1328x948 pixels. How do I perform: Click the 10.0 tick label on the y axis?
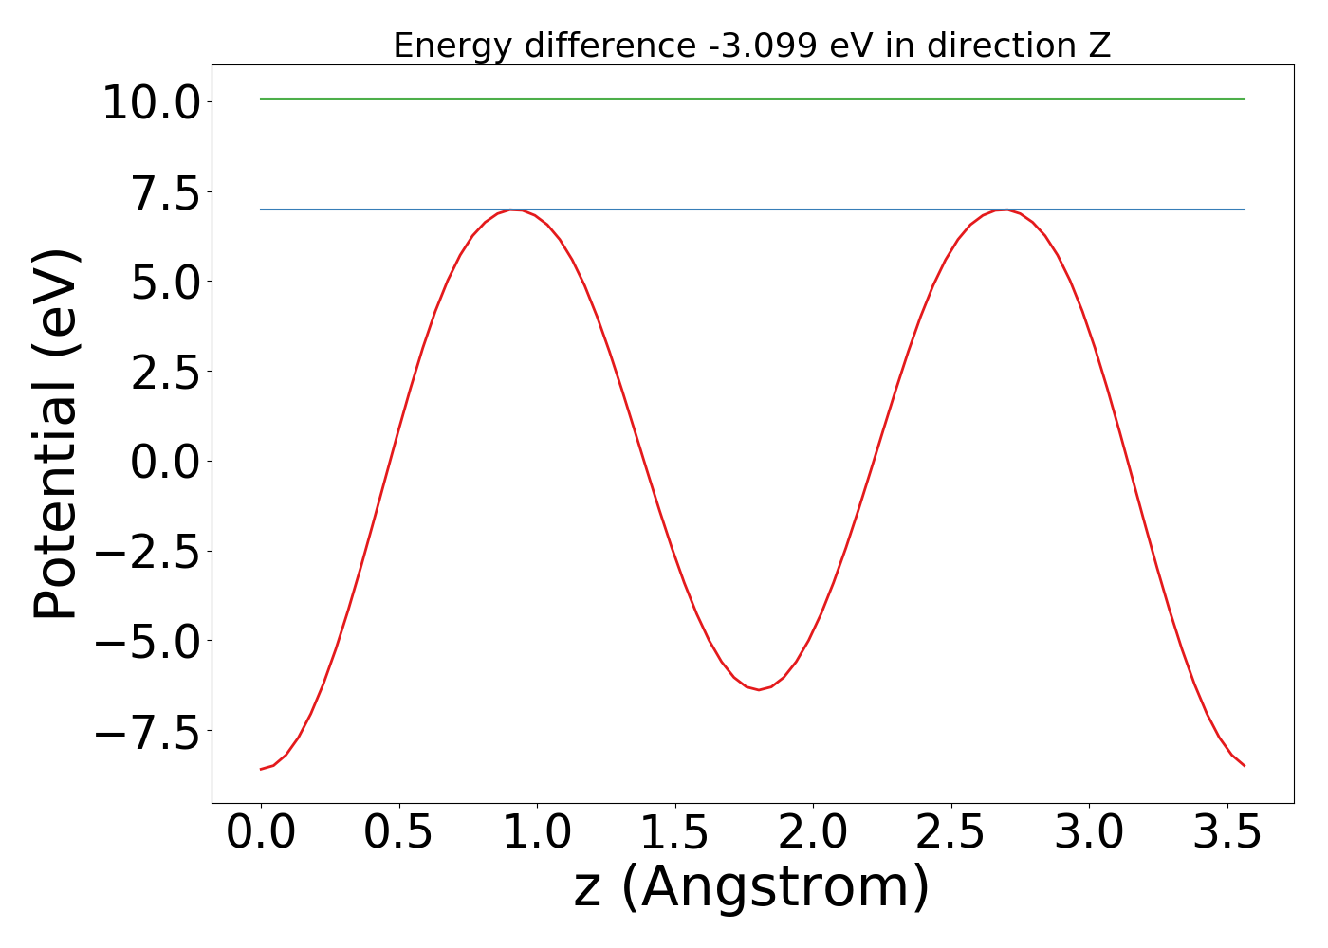(151, 102)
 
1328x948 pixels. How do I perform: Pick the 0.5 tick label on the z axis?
(398, 833)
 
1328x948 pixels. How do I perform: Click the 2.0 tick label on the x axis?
(813, 833)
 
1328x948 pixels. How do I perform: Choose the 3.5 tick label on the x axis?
(1227, 833)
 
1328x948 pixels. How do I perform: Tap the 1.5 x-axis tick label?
(674, 833)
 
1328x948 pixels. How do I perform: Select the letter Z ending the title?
(1099, 46)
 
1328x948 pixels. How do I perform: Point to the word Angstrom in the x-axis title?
(775, 888)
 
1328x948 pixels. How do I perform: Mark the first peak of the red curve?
(513, 210)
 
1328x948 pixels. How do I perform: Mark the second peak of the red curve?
(1005, 210)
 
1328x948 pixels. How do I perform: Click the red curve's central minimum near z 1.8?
(758, 689)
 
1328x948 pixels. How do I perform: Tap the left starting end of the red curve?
(261, 769)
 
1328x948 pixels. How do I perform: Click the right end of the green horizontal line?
(1244, 99)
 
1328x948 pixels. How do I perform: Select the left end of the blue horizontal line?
(261, 210)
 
